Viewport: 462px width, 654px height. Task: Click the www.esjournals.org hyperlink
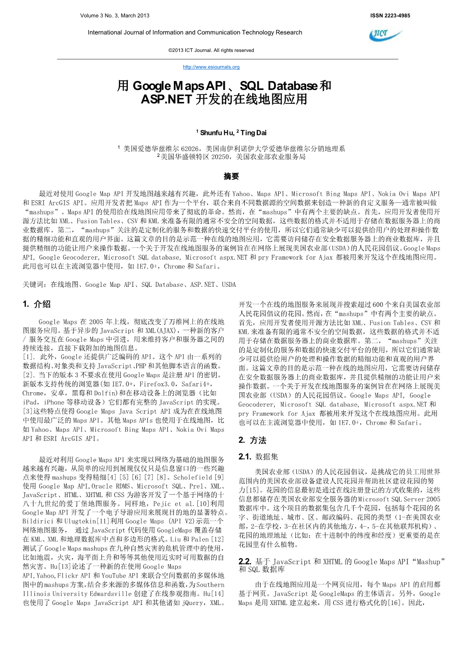point(211,67)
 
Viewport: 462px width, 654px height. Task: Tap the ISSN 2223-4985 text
point(390,16)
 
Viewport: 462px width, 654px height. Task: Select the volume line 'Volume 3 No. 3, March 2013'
point(114,16)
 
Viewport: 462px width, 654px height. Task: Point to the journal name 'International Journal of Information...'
point(195,32)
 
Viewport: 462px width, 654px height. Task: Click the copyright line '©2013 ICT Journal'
point(211,50)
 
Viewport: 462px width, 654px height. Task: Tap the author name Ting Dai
point(253,132)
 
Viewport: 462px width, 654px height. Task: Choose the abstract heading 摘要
point(231,176)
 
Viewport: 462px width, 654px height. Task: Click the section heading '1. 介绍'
point(37,304)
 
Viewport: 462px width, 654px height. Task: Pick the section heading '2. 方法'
point(252,440)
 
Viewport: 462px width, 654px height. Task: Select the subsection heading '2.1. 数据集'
point(259,457)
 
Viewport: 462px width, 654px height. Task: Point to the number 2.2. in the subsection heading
point(245,562)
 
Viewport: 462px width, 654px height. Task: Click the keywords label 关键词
point(34,285)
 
